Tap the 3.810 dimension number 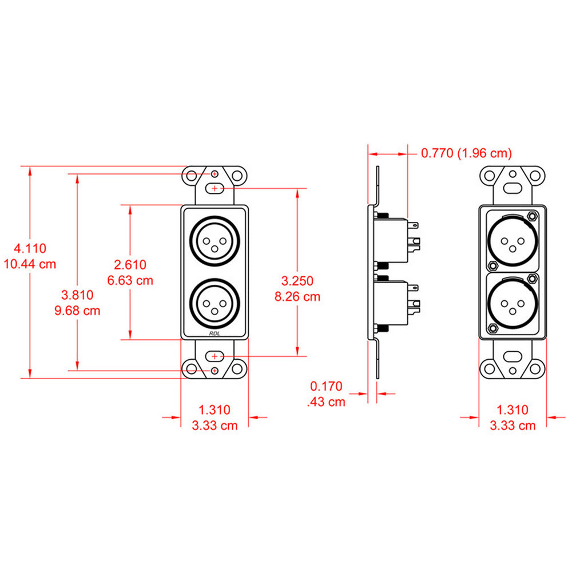click(77, 295)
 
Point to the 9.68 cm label click(77, 311)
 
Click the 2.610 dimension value click(130, 264)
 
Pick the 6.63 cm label click(130, 280)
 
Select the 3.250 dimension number click(297, 281)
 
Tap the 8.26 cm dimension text click(297, 297)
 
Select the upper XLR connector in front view click(214, 241)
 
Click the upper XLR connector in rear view click(513, 241)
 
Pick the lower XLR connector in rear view click(513, 301)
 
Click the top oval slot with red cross click(214, 188)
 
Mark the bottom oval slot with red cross click(214, 356)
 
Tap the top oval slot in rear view click(513, 187)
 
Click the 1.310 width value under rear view click(513, 410)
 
